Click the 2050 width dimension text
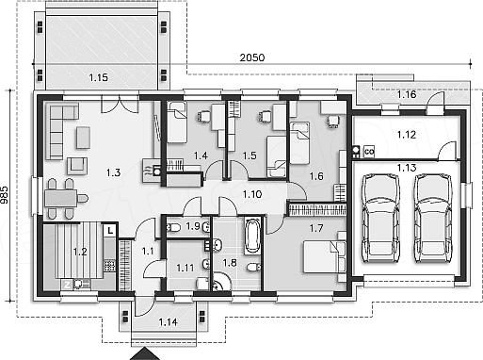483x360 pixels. click(252, 57)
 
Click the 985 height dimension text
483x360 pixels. click(5, 199)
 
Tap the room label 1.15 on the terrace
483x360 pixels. click(99, 77)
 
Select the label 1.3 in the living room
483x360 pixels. click(113, 172)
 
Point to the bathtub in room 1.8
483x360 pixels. click(252, 236)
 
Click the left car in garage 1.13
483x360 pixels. click(380, 218)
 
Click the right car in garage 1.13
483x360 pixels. click(433, 218)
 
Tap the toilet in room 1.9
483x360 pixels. click(172, 227)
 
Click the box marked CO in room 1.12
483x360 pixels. click(369, 152)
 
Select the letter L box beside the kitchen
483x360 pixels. click(110, 231)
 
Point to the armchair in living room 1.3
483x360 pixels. click(77, 166)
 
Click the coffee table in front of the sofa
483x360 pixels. click(83, 138)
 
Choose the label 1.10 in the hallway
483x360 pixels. click(252, 194)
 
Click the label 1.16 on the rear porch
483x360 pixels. click(407, 94)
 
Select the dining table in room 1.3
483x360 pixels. click(61, 199)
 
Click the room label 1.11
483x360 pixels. click(185, 268)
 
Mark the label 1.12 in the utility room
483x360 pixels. click(407, 135)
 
